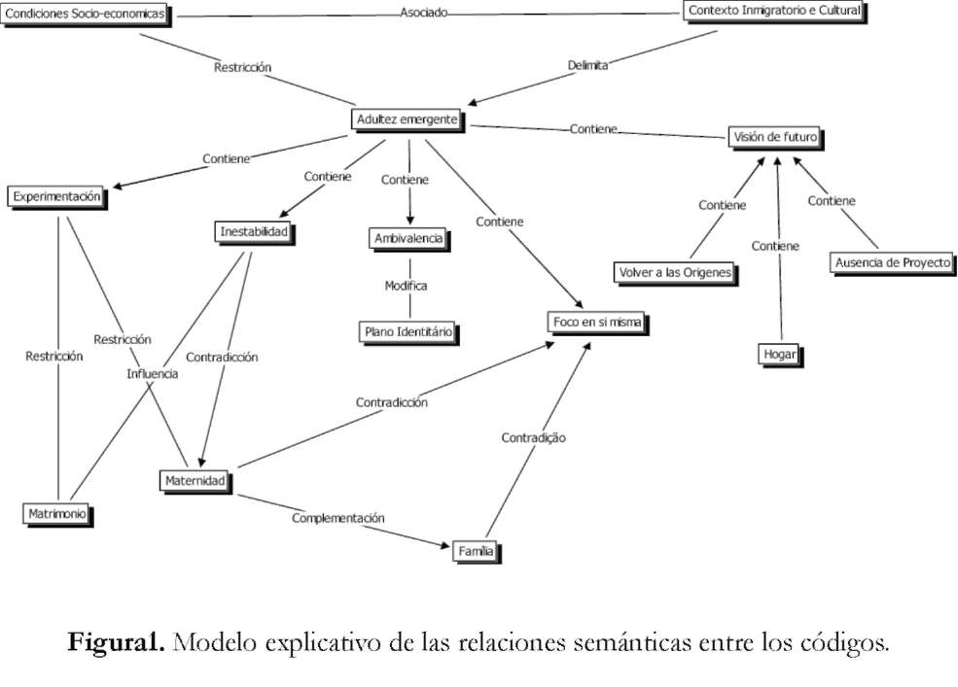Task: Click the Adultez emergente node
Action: [407, 120]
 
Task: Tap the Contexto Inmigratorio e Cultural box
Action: [773, 11]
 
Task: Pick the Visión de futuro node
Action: [774, 137]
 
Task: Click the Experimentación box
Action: [56, 196]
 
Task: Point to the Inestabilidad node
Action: [254, 232]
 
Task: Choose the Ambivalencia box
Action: [408, 238]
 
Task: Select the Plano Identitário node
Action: [408, 331]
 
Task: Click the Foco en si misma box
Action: [597, 323]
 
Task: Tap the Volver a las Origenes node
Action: [674, 271]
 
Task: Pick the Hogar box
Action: [781, 355]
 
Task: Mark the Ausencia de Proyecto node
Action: [892, 263]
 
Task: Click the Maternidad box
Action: [195, 480]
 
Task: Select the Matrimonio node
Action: [57, 512]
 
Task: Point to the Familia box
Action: [477, 552]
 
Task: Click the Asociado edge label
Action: [423, 14]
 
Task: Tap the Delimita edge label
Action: [587, 66]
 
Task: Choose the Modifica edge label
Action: [406, 286]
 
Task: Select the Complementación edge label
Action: [337, 518]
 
